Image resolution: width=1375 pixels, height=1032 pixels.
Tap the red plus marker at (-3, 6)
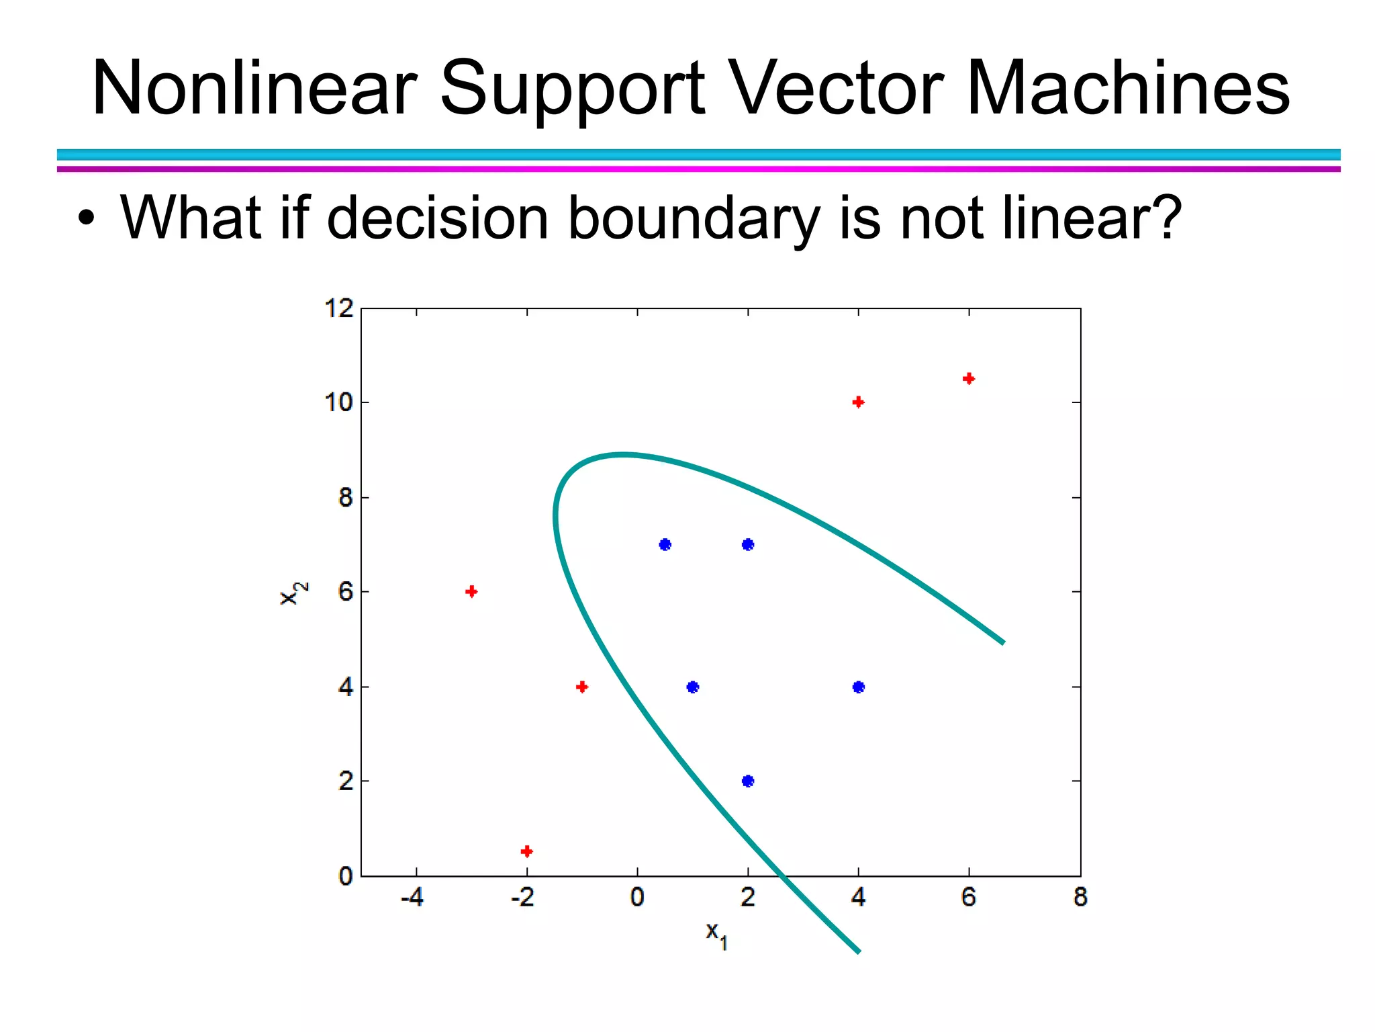click(471, 591)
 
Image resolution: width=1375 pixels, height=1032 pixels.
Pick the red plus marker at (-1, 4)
click(582, 687)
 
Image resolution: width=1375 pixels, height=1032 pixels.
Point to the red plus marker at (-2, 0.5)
click(527, 851)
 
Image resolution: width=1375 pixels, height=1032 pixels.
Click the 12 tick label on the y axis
click(339, 308)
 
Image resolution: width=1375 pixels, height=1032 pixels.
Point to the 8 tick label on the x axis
click(1080, 897)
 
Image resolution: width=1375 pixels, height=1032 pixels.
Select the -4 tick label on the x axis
click(412, 897)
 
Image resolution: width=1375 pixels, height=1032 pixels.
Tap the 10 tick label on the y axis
click(339, 402)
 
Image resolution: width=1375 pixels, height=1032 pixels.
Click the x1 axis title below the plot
click(716, 934)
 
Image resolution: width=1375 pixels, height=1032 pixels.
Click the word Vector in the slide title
click(837, 89)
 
